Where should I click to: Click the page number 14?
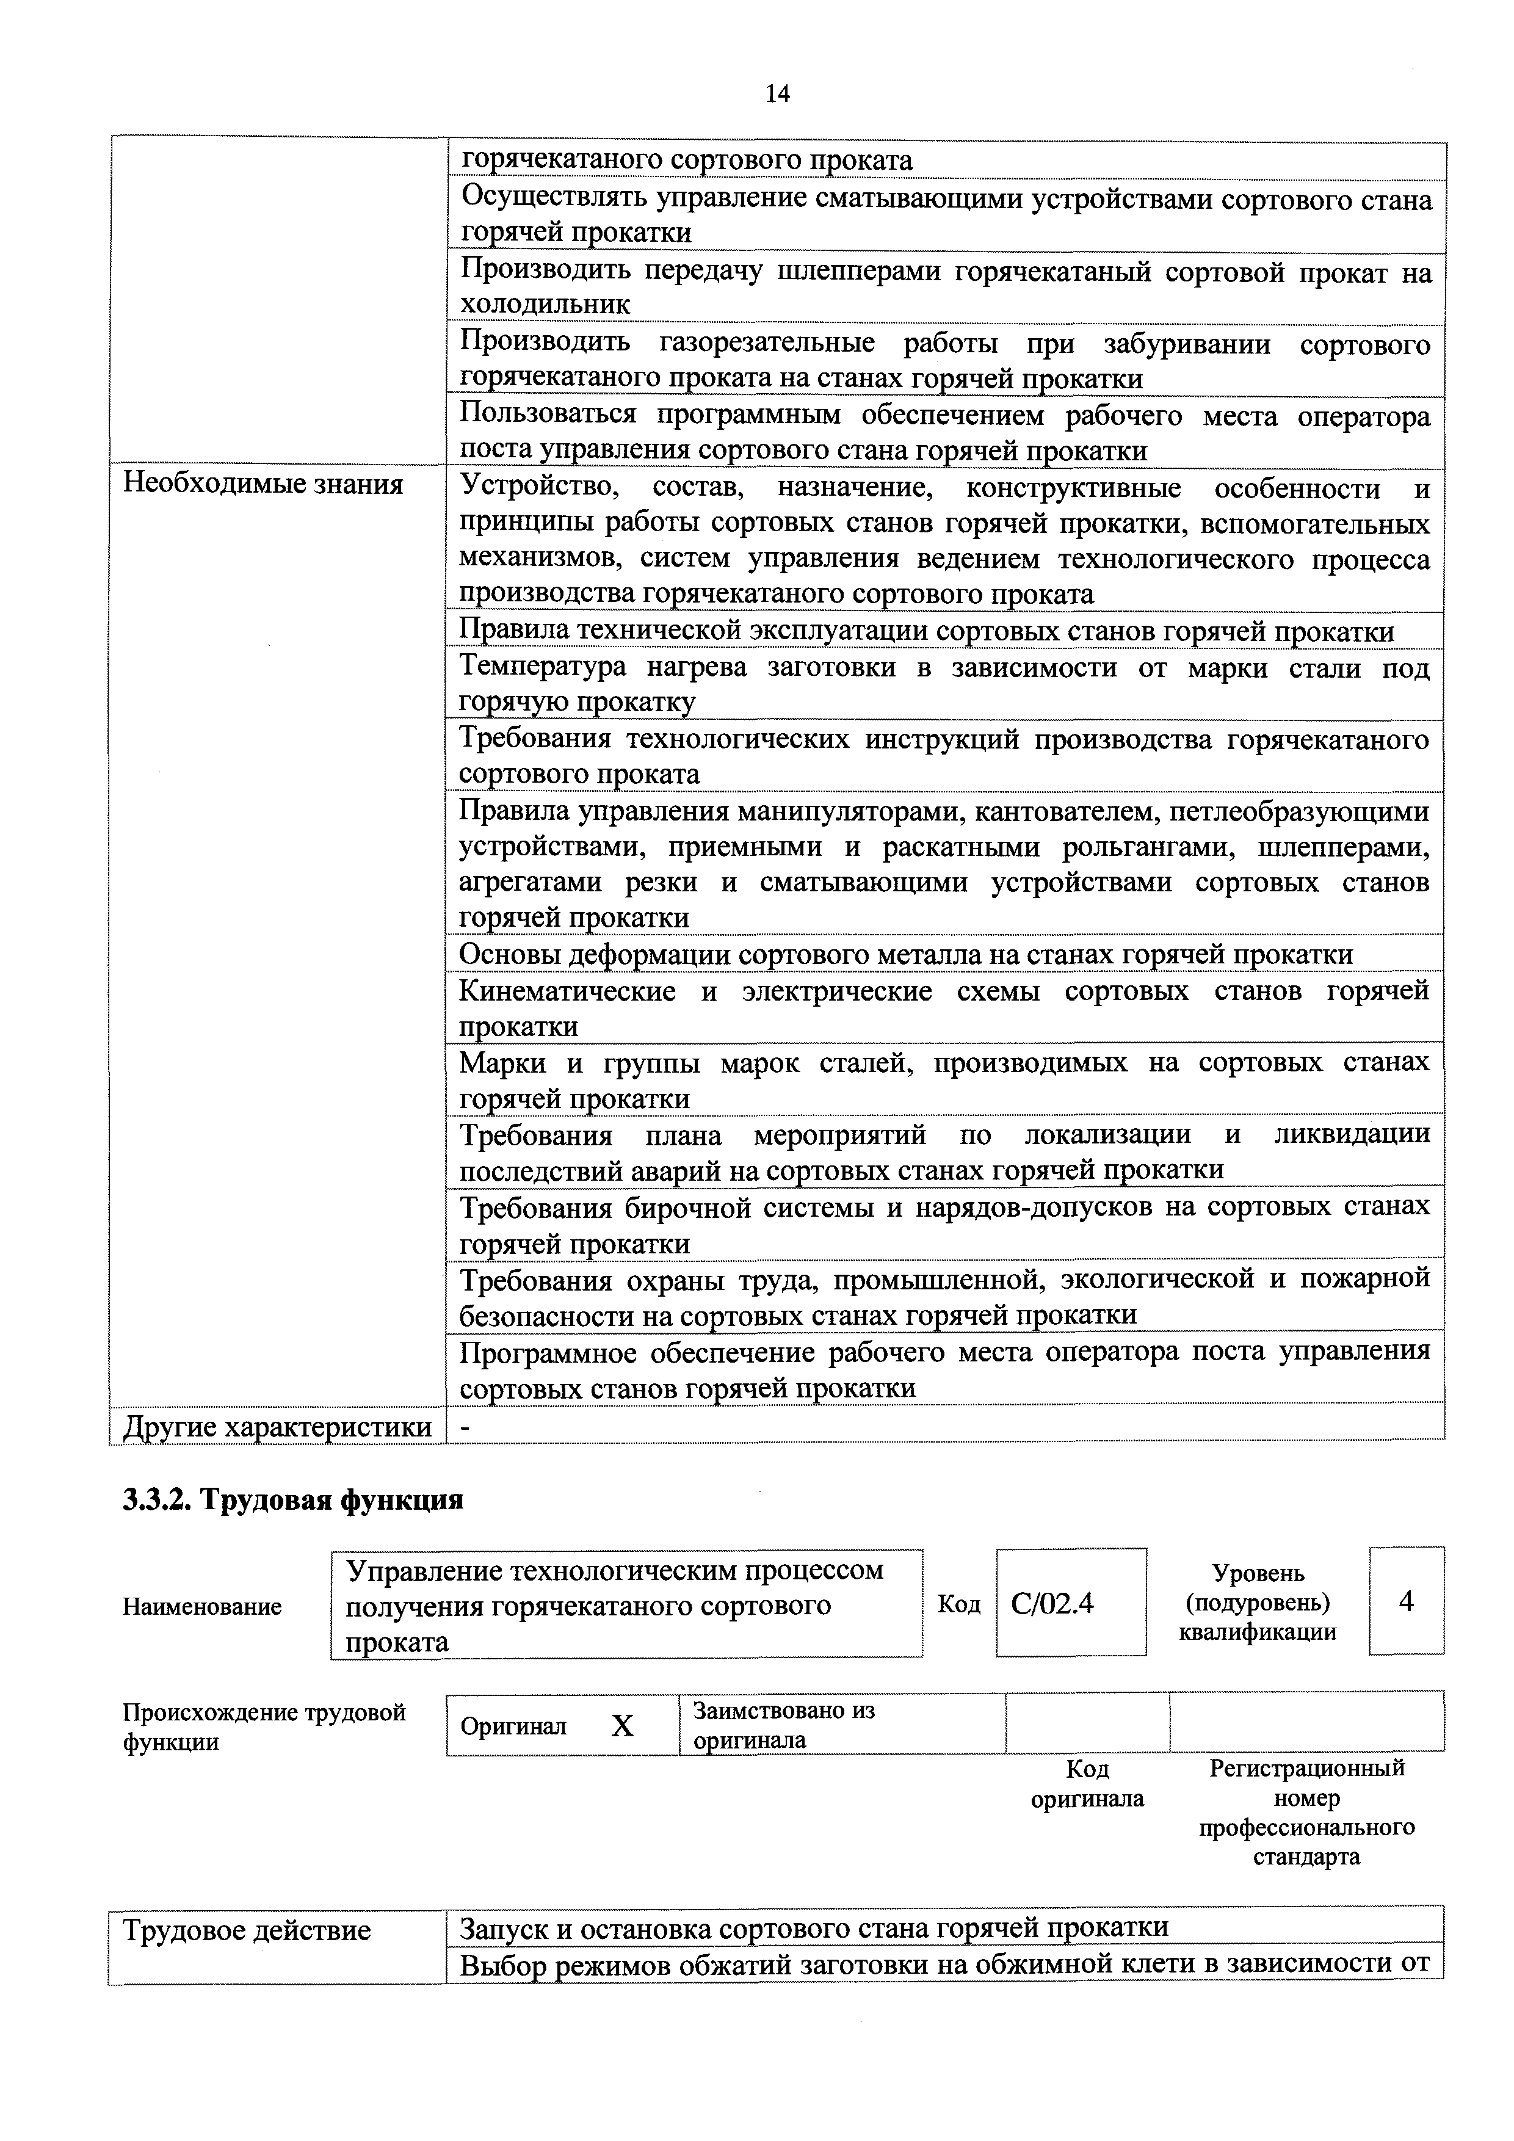click(x=777, y=93)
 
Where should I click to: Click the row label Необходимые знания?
click(x=264, y=484)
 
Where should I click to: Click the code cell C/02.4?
click(x=1052, y=1603)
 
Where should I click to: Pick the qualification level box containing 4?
click(x=1406, y=1602)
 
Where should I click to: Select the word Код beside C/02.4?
click(x=958, y=1603)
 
